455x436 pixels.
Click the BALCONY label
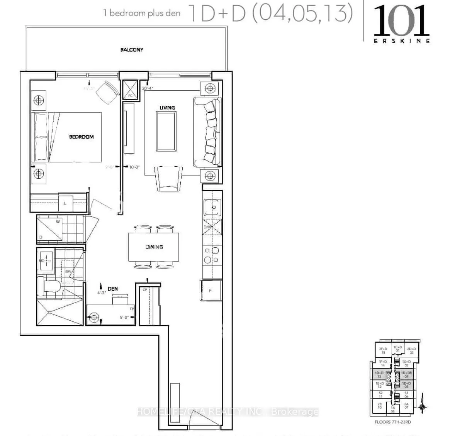tap(132, 50)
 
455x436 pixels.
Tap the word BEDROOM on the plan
tap(81, 137)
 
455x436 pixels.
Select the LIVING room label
tap(167, 108)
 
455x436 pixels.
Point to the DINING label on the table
tap(154, 247)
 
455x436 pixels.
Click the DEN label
tap(112, 289)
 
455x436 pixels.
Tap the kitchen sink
tap(212, 207)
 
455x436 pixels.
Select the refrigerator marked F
tap(211, 290)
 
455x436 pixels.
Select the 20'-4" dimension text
tap(148, 88)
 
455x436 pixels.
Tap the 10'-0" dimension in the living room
tap(134, 167)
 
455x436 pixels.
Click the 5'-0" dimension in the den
tap(124, 318)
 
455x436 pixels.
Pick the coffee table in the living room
tap(166, 131)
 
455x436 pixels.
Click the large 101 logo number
tap(401, 21)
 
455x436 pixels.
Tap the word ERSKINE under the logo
tap(401, 41)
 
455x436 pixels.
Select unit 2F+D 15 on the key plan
tap(383, 350)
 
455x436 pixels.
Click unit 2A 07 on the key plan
tap(406, 406)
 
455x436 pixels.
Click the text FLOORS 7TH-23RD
tap(393, 422)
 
